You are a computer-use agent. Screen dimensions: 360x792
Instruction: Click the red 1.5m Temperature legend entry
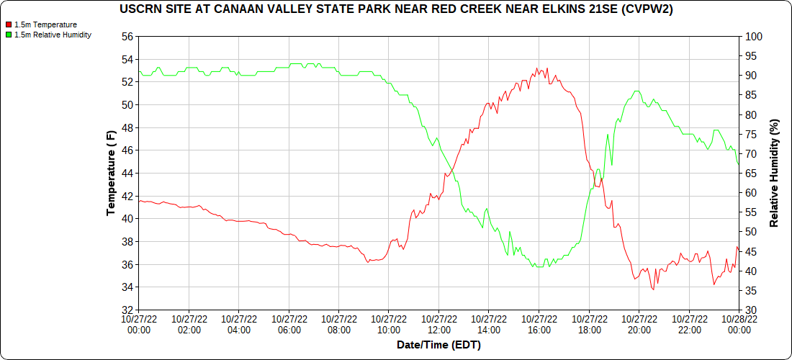click(45, 24)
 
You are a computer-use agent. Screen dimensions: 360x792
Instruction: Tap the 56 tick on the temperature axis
click(127, 36)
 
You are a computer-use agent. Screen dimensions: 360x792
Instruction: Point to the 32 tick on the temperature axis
click(127, 310)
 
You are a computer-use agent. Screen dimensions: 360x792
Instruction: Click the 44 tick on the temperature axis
click(127, 174)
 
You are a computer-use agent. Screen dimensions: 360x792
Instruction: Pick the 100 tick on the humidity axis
click(752, 36)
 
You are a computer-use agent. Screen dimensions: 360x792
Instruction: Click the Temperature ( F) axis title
click(111, 174)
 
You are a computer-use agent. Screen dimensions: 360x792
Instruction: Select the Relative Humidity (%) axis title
click(775, 174)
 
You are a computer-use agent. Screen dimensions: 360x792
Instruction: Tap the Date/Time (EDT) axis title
click(438, 345)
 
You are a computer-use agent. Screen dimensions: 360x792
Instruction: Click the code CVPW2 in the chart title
click(653, 9)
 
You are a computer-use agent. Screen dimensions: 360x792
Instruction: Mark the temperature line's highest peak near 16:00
click(536, 68)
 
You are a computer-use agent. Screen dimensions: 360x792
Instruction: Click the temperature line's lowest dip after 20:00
click(653, 289)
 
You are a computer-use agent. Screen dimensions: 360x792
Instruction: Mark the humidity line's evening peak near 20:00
click(636, 91)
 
